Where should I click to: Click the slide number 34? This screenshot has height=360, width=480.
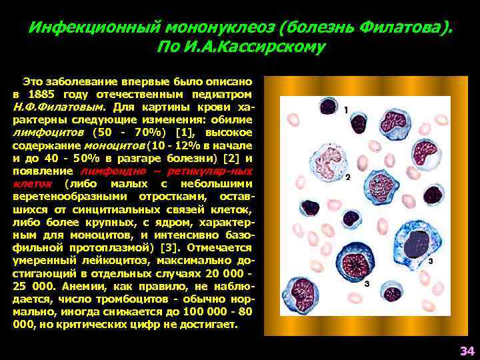[466, 351]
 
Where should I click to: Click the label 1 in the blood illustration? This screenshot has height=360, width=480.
[346, 108]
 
